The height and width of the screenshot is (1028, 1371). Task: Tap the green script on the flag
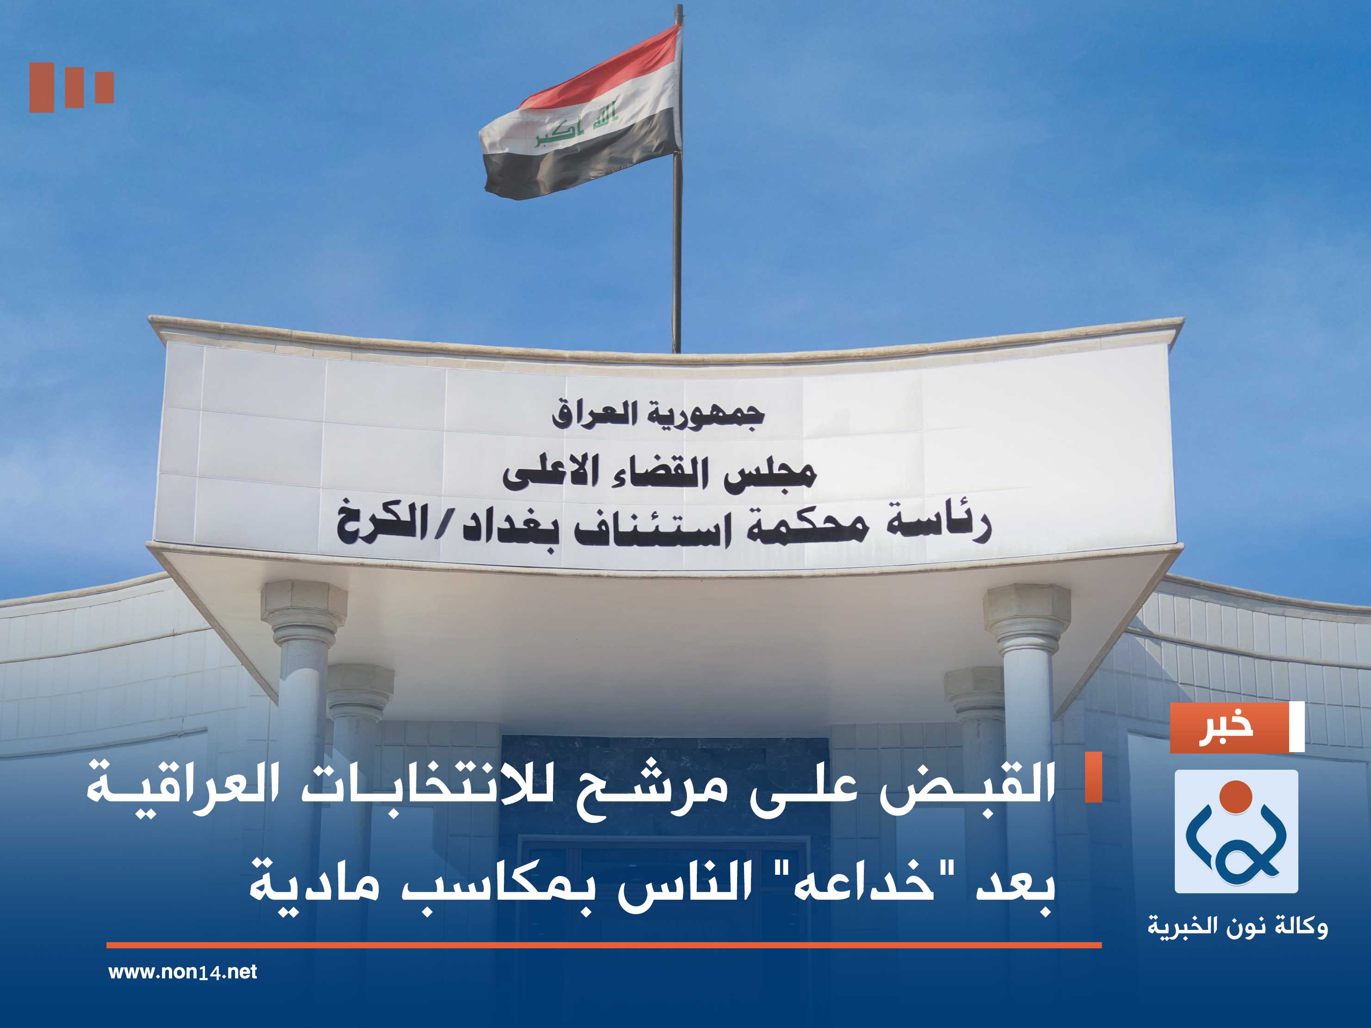577,122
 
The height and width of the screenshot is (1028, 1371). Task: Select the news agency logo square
1236,831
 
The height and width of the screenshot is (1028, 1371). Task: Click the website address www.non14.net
182,972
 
